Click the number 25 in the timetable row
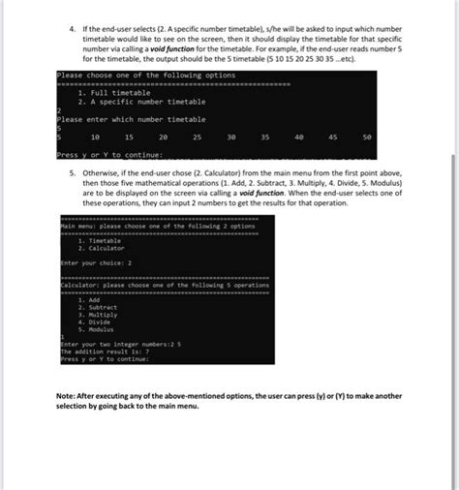pyautogui.click(x=198, y=138)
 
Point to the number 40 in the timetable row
pyautogui.click(x=299, y=138)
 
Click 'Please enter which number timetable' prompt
pyautogui.click(x=131, y=119)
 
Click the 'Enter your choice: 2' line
pyautogui.click(x=95, y=262)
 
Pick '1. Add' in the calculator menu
pyautogui.click(x=91, y=299)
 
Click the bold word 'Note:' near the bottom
pyautogui.click(x=70, y=396)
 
